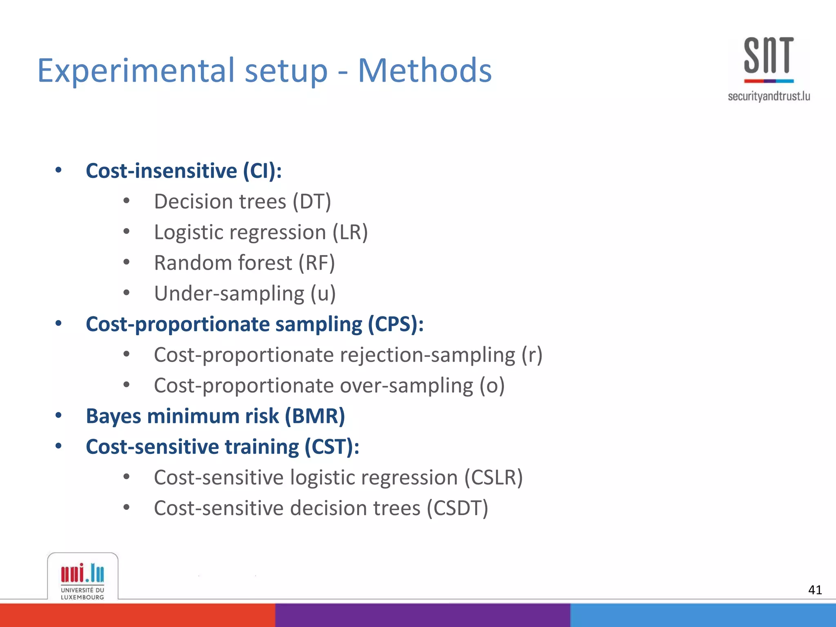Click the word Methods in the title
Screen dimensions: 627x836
(x=425, y=70)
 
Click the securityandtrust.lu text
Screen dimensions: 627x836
(x=769, y=96)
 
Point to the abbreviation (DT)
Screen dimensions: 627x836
(x=311, y=202)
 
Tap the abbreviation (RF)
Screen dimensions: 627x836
(x=316, y=263)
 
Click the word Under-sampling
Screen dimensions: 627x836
(x=229, y=294)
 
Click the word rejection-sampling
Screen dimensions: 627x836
(x=428, y=355)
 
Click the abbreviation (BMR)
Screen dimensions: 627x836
(x=315, y=416)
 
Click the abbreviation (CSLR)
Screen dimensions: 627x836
(x=493, y=478)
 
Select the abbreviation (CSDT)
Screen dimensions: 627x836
(x=457, y=509)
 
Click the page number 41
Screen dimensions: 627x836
(x=815, y=590)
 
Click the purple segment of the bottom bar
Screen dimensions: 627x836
(x=422, y=615)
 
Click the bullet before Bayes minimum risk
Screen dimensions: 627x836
(x=58, y=416)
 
